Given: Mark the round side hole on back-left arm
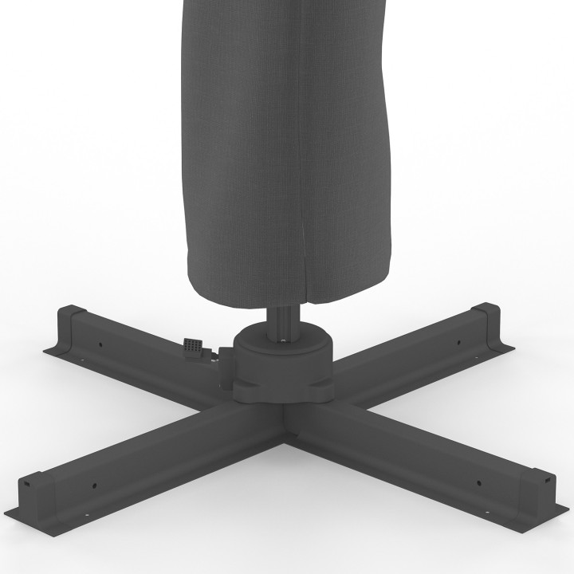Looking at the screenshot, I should pyautogui.click(x=100, y=345).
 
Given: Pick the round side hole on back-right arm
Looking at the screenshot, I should pyautogui.click(x=458, y=344).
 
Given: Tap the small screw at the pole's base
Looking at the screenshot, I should pyautogui.click(x=285, y=342).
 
